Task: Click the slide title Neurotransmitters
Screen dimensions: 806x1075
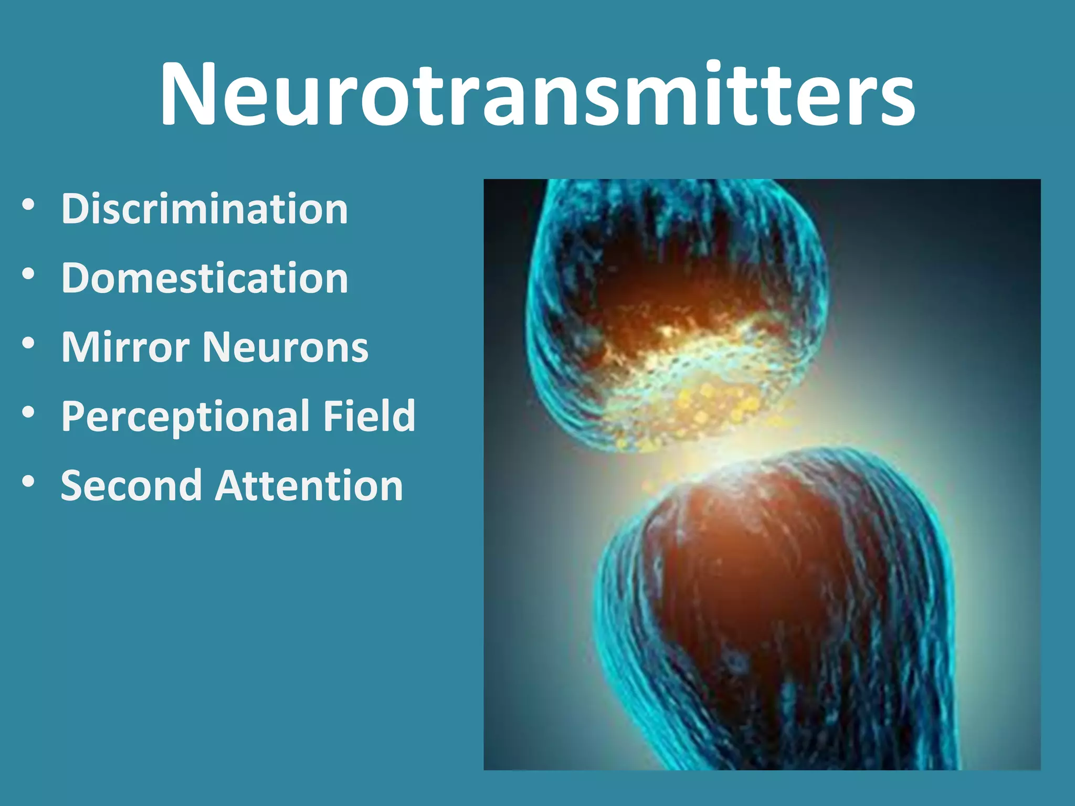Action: point(537,94)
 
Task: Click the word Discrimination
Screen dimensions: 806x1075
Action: point(205,209)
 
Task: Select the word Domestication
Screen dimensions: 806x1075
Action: point(205,278)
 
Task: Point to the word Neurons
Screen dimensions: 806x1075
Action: point(286,347)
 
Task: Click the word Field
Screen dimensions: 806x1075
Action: point(370,416)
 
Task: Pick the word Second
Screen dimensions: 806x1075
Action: point(131,486)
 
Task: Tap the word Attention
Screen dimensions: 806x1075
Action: point(309,486)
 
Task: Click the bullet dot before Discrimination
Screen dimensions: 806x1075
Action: point(29,205)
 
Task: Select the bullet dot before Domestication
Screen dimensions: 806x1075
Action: point(29,274)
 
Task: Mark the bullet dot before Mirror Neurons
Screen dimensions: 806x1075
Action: point(29,343)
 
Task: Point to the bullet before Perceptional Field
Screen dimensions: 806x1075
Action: point(29,412)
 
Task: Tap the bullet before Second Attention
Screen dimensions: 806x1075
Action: point(29,482)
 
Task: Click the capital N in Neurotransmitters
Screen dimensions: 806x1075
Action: point(188,94)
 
